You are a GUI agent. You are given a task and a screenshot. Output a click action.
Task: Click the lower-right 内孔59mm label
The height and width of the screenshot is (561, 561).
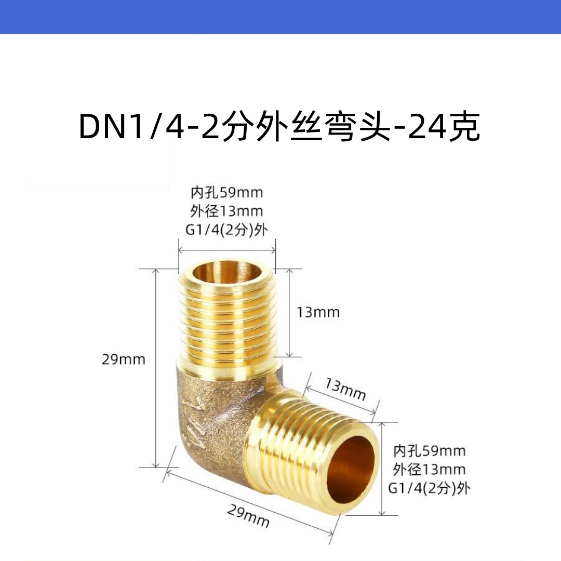point(429,450)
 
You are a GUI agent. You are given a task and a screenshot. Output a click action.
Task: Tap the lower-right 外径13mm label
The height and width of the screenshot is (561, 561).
point(429,469)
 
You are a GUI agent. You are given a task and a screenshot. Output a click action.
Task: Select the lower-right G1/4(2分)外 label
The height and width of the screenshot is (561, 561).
point(429,488)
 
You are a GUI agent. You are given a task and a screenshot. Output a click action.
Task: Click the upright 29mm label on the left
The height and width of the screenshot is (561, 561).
point(123,359)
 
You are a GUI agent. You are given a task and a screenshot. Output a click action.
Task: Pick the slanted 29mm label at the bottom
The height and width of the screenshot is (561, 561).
point(248,516)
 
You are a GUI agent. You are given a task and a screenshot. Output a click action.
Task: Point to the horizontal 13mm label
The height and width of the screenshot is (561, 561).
point(318,312)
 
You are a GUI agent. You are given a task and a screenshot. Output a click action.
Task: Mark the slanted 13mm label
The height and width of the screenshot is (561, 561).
point(345,390)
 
